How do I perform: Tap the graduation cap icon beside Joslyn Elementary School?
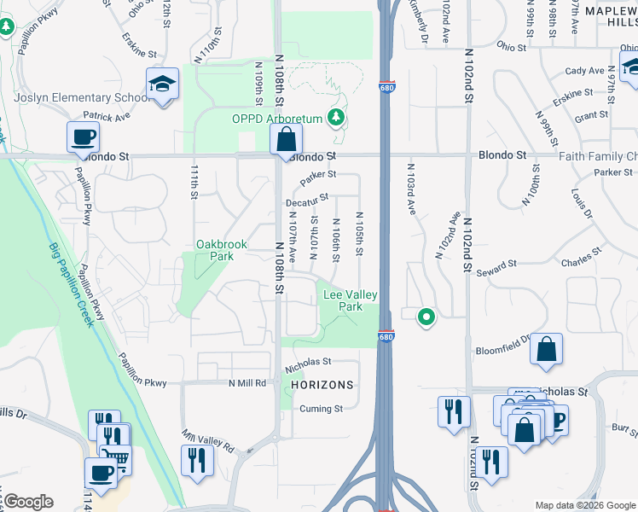[x=162, y=85]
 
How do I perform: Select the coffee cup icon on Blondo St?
[x=84, y=137]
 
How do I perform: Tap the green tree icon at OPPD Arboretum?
[x=339, y=117]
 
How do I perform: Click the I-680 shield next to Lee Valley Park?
[x=386, y=338]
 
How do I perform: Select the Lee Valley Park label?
[x=350, y=300]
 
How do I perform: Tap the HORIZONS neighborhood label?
[x=322, y=385]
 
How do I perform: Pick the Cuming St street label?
[x=321, y=409]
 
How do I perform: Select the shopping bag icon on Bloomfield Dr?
[x=546, y=350]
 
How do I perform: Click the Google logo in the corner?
[x=28, y=502]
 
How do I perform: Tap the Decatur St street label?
[x=308, y=201]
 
